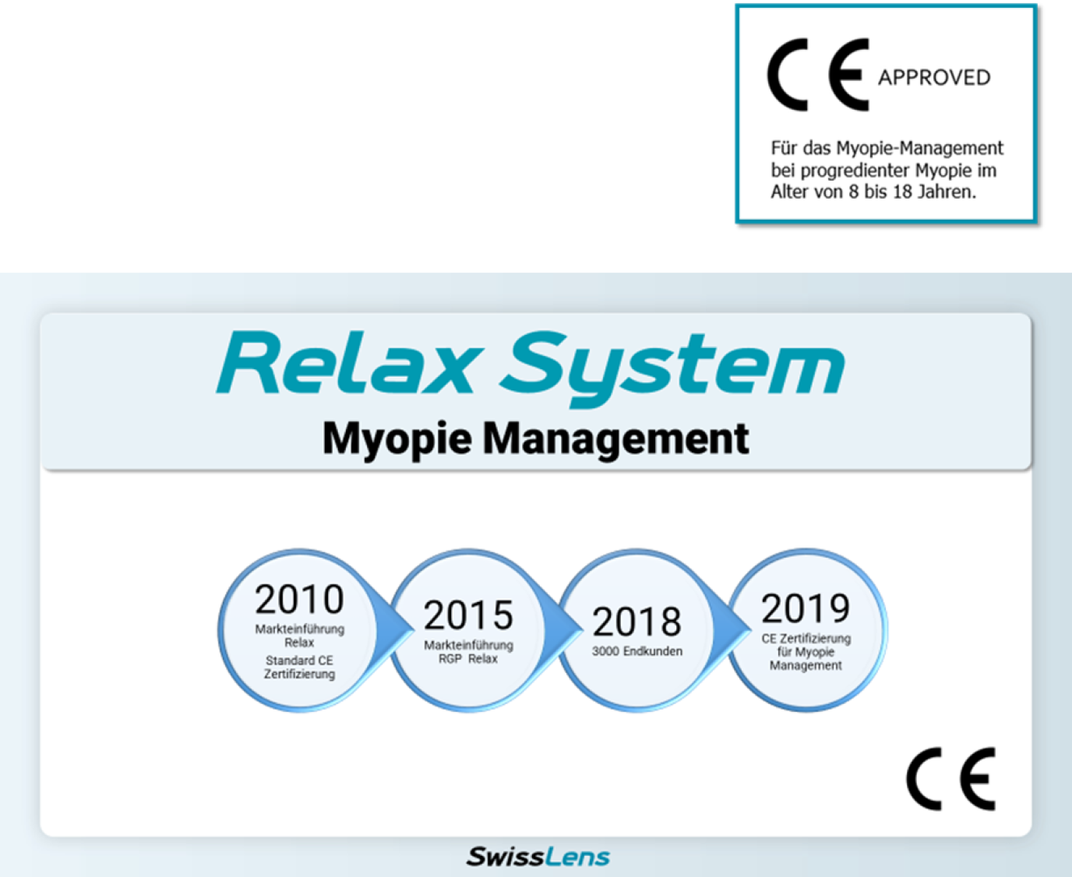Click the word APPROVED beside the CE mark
click(934, 78)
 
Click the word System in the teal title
click(673, 369)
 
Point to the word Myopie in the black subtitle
click(397, 439)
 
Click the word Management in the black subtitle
click(616, 439)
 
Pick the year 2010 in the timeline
click(299, 600)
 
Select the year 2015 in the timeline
click(468, 615)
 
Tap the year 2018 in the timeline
click(637, 622)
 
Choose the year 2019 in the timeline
click(806, 609)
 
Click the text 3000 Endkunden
click(637, 651)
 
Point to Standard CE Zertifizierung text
click(299, 667)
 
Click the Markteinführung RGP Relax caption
click(468, 652)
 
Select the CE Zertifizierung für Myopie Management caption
click(806, 652)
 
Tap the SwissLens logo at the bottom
click(538, 857)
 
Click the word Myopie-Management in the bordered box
click(920, 148)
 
